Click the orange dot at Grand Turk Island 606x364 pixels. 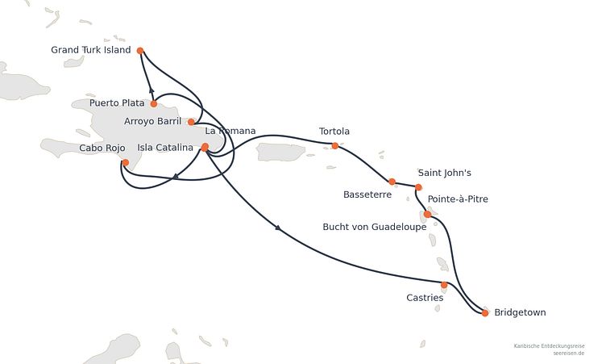[140, 51]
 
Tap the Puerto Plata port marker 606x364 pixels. [154, 104]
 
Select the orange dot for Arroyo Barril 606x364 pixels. [191, 122]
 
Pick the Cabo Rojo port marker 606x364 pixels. [125, 162]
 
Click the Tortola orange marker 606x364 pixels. [335, 145]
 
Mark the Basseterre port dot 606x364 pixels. [392, 182]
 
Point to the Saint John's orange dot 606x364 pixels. [418, 187]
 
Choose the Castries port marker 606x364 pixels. [444, 285]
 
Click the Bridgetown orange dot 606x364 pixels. [485, 313]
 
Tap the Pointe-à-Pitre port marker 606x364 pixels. [427, 214]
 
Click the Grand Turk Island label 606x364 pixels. [91, 50]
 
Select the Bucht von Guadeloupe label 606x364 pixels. [375, 227]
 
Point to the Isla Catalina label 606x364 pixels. [165, 148]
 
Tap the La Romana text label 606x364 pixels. [230, 131]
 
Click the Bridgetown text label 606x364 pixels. [521, 312]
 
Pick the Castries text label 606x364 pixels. [425, 298]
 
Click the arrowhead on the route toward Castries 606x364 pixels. [278, 228]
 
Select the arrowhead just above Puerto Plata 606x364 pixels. [151, 90]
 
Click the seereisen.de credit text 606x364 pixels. [568, 354]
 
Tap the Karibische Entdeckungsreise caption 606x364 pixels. [550, 345]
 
